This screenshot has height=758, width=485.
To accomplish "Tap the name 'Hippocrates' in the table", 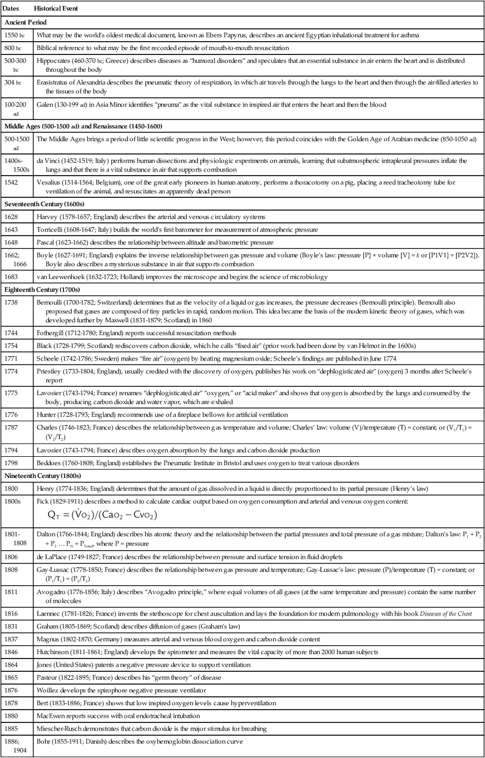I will (x=55, y=59).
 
